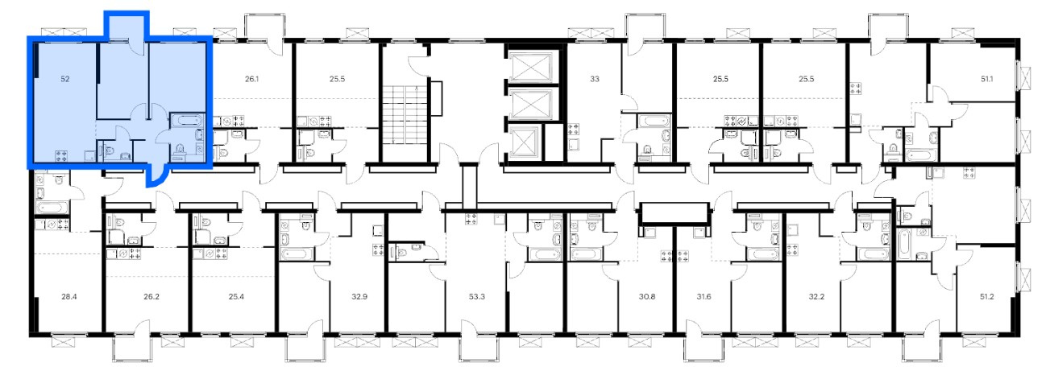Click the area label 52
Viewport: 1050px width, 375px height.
coord(65,79)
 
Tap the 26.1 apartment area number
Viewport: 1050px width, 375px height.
coord(251,79)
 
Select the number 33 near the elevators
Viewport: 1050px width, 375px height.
coord(595,79)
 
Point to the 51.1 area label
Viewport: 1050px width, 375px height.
coord(986,79)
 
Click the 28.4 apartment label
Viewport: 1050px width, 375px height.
coord(69,296)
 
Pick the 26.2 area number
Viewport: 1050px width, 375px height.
coord(151,296)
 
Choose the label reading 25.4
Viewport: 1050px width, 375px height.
coord(236,296)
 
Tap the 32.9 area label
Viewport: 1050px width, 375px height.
coord(359,296)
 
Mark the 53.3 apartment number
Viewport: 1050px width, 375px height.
coord(477,296)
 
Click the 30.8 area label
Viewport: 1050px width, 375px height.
coord(647,296)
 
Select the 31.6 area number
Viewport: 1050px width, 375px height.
coord(703,296)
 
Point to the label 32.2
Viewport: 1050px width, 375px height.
coord(816,296)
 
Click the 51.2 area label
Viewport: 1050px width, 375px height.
coord(986,296)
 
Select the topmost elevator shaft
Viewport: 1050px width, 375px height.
coord(532,68)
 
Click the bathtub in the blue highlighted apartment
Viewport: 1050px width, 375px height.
coord(185,121)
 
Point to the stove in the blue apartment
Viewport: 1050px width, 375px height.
coord(62,156)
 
